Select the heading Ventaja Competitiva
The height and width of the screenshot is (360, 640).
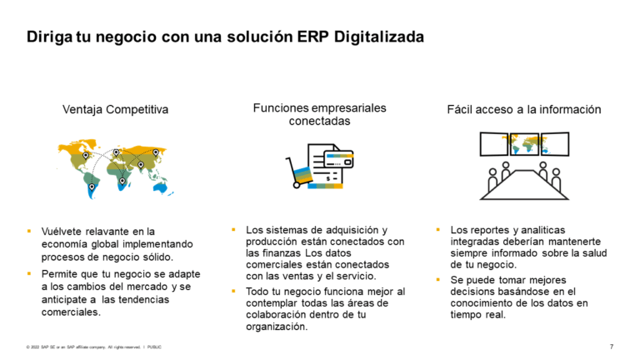(x=115, y=109)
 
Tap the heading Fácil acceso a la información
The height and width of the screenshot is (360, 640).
(x=524, y=109)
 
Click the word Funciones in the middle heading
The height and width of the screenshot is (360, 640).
(x=282, y=107)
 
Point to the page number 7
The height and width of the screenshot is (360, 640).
(x=612, y=346)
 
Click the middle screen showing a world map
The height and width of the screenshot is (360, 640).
(x=524, y=143)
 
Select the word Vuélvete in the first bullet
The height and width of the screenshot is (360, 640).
(x=62, y=231)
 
